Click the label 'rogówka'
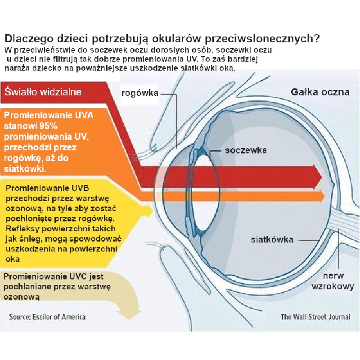pyautogui.click(x=140, y=93)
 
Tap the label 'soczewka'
pyautogui.click(x=246, y=150)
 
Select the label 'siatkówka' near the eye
pyautogui.click(x=272, y=239)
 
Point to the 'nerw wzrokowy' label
pyautogui.click(x=333, y=281)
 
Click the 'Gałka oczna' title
pyautogui.click(x=320, y=92)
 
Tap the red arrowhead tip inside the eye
pyautogui.click(x=322, y=176)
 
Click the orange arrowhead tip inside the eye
pyautogui.click(x=324, y=196)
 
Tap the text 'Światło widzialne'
pyautogui.click(x=43, y=92)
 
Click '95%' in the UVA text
pyautogui.click(x=48, y=126)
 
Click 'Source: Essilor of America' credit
pyautogui.click(x=47, y=317)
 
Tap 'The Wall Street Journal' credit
pyautogui.click(x=315, y=317)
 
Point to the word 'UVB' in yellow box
pyautogui.click(x=80, y=188)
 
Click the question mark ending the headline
pyautogui.click(x=316, y=38)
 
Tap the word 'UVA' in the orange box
pyautogui.click(x=84, y=115)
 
